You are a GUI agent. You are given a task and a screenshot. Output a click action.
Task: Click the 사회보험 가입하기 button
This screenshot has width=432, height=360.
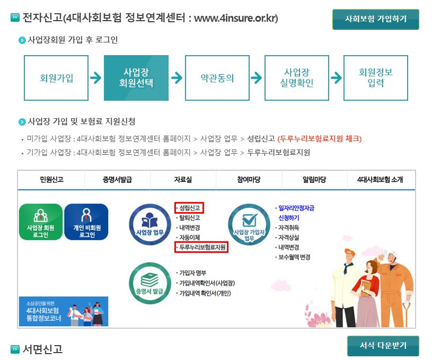tap(375, 19)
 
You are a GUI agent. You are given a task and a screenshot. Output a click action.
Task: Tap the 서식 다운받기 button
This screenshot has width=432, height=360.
tap(383, 346)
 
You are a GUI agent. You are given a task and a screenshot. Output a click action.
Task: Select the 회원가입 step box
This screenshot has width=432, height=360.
tap(56, 78)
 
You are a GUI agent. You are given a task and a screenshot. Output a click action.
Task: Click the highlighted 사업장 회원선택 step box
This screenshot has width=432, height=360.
tap(136, 78)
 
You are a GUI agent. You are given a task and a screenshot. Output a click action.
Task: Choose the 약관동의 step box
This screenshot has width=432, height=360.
tap(217, 78)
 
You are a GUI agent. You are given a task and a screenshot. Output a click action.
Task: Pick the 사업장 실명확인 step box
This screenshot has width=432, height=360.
tap(296, 78)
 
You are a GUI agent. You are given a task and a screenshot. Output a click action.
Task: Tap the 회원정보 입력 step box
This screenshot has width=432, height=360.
tap(376, 78)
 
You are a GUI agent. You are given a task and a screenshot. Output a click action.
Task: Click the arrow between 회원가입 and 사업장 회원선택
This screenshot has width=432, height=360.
tap(96, 78)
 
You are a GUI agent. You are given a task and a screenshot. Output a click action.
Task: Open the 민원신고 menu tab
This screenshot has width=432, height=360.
tap(51, 180)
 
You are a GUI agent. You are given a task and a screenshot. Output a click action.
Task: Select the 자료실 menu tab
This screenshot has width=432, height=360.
tap(183, 180)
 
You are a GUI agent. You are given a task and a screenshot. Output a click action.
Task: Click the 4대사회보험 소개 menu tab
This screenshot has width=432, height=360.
tap(380, 180)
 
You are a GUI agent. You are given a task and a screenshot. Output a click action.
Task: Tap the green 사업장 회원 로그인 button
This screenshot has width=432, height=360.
tap(41, 222)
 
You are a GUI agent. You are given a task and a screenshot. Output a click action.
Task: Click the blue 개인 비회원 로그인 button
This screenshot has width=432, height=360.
tap(86, 222)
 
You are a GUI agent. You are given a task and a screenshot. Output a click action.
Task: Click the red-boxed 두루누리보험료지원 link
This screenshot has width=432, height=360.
tap(202, 248)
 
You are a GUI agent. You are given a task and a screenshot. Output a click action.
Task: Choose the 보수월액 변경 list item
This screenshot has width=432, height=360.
tap(294, 257)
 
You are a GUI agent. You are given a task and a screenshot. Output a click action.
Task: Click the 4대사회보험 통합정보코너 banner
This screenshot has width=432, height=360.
tap(63, 311)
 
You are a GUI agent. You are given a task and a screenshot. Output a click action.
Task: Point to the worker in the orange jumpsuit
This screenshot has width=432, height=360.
tap(394, 286)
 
